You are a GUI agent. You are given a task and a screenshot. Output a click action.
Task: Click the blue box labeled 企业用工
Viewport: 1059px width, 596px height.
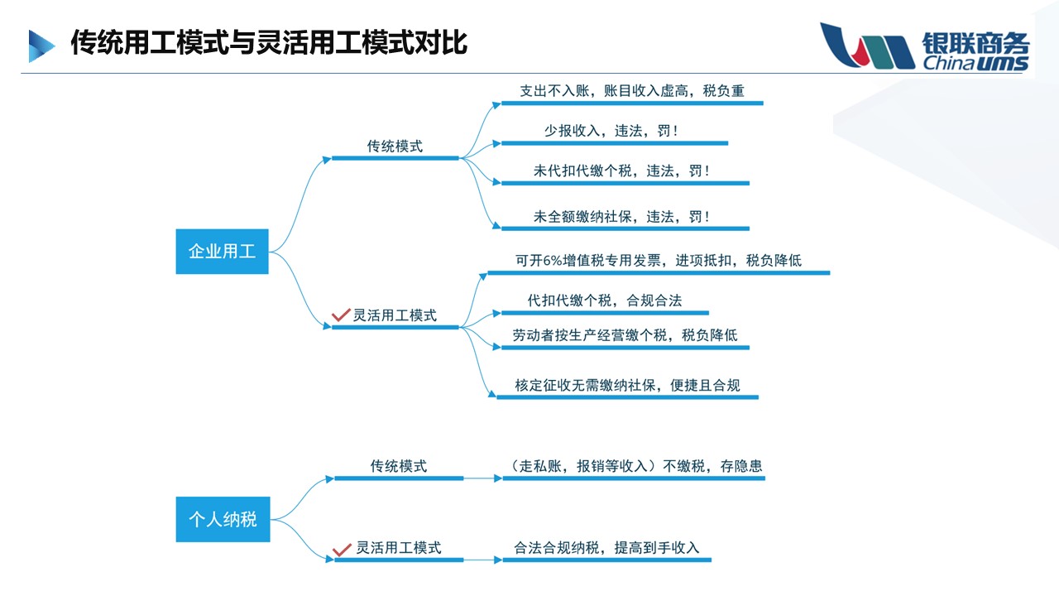[222, 251]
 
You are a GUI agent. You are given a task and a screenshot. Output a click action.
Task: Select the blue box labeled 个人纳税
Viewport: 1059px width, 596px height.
[223, 519]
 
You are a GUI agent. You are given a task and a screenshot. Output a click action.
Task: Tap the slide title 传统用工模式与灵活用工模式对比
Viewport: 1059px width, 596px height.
[269, 42]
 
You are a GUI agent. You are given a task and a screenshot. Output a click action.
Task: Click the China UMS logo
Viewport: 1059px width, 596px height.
[924, 47]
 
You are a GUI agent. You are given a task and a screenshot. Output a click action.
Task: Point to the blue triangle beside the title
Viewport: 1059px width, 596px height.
[41, 46]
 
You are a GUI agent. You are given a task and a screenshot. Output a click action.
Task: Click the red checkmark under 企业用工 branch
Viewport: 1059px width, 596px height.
[340, 315]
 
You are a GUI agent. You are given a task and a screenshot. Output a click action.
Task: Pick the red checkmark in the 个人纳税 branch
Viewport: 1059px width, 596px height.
[341, 549]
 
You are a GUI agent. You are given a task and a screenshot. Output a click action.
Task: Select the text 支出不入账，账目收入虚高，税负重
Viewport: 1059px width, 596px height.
[631, 91]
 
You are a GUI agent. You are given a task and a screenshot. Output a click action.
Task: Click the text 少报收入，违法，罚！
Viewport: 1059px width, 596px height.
[611, 131]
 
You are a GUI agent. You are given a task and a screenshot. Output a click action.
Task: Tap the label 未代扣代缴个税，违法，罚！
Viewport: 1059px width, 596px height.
[621, 171]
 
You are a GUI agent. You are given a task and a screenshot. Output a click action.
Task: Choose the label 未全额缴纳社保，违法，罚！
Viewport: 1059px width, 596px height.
[621, 217]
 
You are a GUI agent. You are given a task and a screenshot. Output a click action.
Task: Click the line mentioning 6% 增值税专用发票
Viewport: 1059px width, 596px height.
[658, 261]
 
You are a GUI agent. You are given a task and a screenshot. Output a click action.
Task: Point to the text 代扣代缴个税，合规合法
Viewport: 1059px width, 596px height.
[604, 300]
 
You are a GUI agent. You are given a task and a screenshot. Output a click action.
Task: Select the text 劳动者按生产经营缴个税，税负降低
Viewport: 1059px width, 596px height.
[625, 335]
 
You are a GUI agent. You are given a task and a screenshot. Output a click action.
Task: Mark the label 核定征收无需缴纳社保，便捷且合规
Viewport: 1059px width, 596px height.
[626, 385]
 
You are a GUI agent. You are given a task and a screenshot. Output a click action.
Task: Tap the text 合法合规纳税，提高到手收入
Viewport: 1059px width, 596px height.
[606, 547]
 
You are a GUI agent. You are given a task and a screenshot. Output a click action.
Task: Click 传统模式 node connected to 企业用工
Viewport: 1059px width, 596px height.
[395, 147]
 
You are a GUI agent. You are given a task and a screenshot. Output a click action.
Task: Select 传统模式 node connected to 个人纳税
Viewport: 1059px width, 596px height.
[398, 467]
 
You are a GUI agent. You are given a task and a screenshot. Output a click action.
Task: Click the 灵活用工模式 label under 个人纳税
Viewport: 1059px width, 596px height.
[398, 547]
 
